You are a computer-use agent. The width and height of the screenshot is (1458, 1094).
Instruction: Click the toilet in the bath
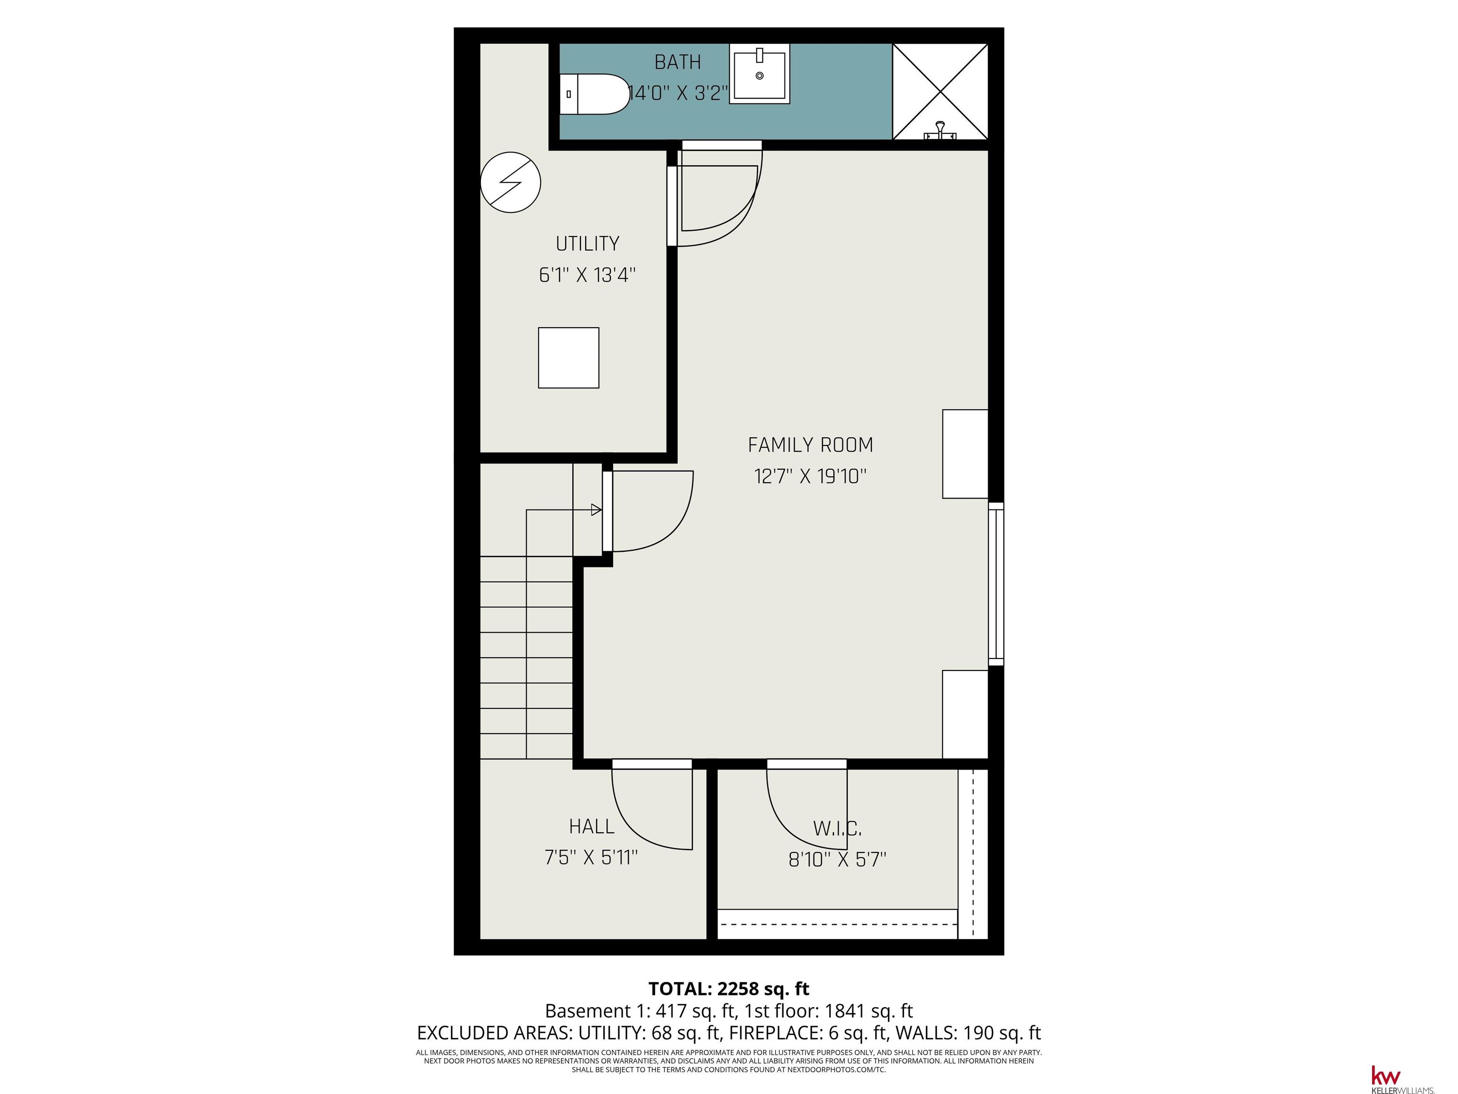coord(594,94)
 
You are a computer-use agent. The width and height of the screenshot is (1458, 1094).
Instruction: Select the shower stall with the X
coord(940,92)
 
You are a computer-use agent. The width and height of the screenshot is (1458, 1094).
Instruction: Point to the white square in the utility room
coord(568,358)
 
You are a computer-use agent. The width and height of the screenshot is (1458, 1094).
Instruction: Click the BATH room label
coord(678,62)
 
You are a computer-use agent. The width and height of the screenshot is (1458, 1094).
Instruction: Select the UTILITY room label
coord(587,244)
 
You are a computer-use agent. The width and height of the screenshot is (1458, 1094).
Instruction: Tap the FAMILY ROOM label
coord(810,445)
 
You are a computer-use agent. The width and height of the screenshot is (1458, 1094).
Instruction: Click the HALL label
coord(591,826)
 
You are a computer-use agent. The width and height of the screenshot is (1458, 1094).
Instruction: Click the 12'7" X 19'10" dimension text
coord(810,476)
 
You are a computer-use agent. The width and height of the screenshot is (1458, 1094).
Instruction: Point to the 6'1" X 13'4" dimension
coord(587,275)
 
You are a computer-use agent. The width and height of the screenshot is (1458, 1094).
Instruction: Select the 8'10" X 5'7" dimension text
coord(837,859)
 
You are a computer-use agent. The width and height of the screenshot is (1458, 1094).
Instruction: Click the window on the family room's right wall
coord(996,584)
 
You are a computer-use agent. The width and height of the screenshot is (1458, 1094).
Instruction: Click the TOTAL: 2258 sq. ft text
coord(729,989)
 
